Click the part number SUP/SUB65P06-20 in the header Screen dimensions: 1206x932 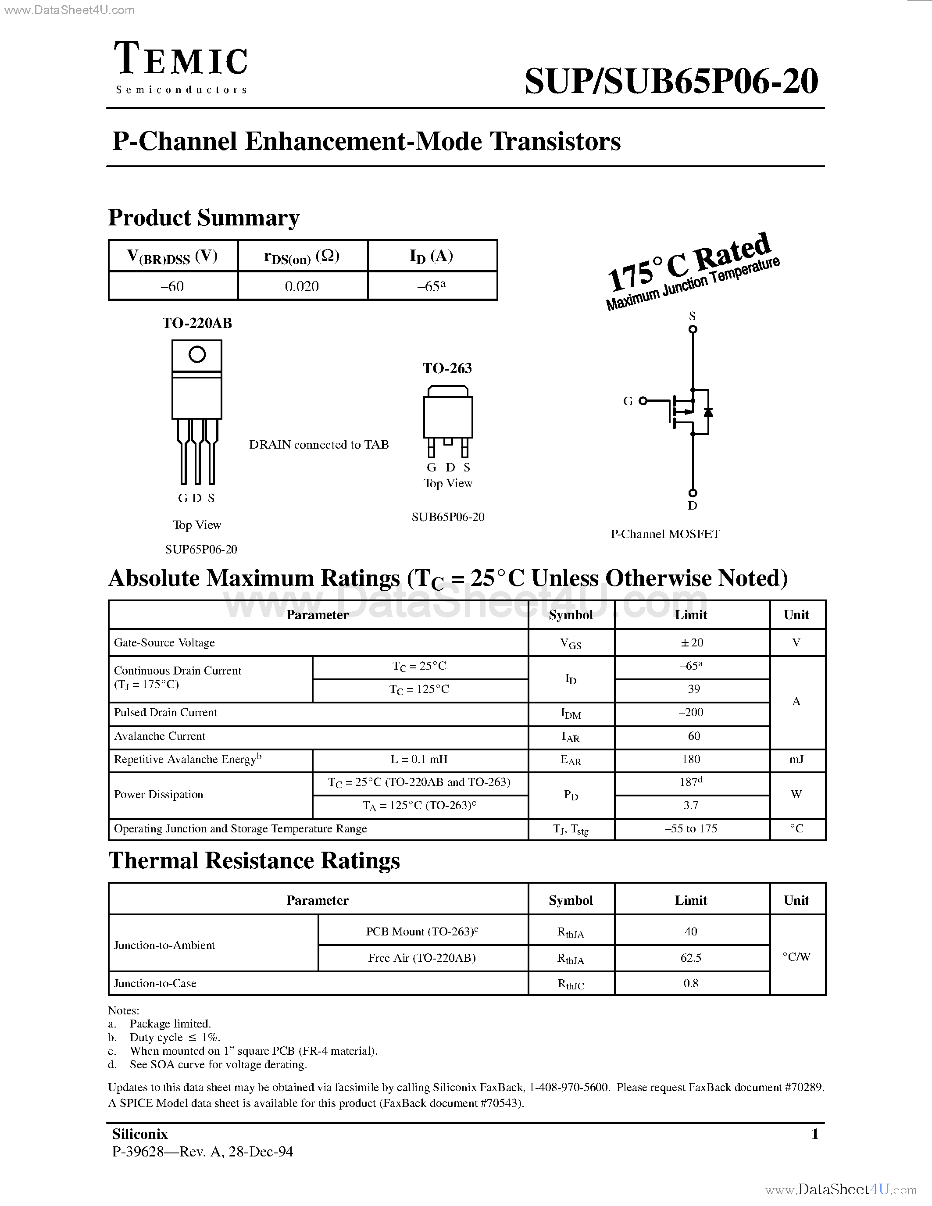click(x=671, y=82)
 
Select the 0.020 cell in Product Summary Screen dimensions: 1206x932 click(x=302, y=286)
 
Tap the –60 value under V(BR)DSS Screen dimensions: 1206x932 click(x=172, y=286)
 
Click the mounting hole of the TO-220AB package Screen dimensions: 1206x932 click(x=197, y=354)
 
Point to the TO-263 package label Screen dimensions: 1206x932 click(x=447, y=368)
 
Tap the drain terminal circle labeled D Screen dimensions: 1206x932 click(x=693, y=492)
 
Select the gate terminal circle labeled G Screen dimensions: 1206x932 click(x=643, y=401)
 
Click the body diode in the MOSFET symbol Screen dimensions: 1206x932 click(x=708, y=412)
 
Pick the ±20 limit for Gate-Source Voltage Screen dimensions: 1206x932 click(x=691, y=642)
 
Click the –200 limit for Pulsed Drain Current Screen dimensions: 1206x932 click(x=691, y=712)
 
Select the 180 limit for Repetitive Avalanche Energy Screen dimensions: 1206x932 click(x=691, y=759)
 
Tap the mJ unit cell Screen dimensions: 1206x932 click(x=796, y=759)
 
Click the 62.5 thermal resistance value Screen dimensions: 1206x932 click(x=691, y=957)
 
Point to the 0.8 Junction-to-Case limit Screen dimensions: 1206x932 click(x=691, y=983)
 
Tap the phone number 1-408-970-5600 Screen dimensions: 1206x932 click(x=569, y=1087)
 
